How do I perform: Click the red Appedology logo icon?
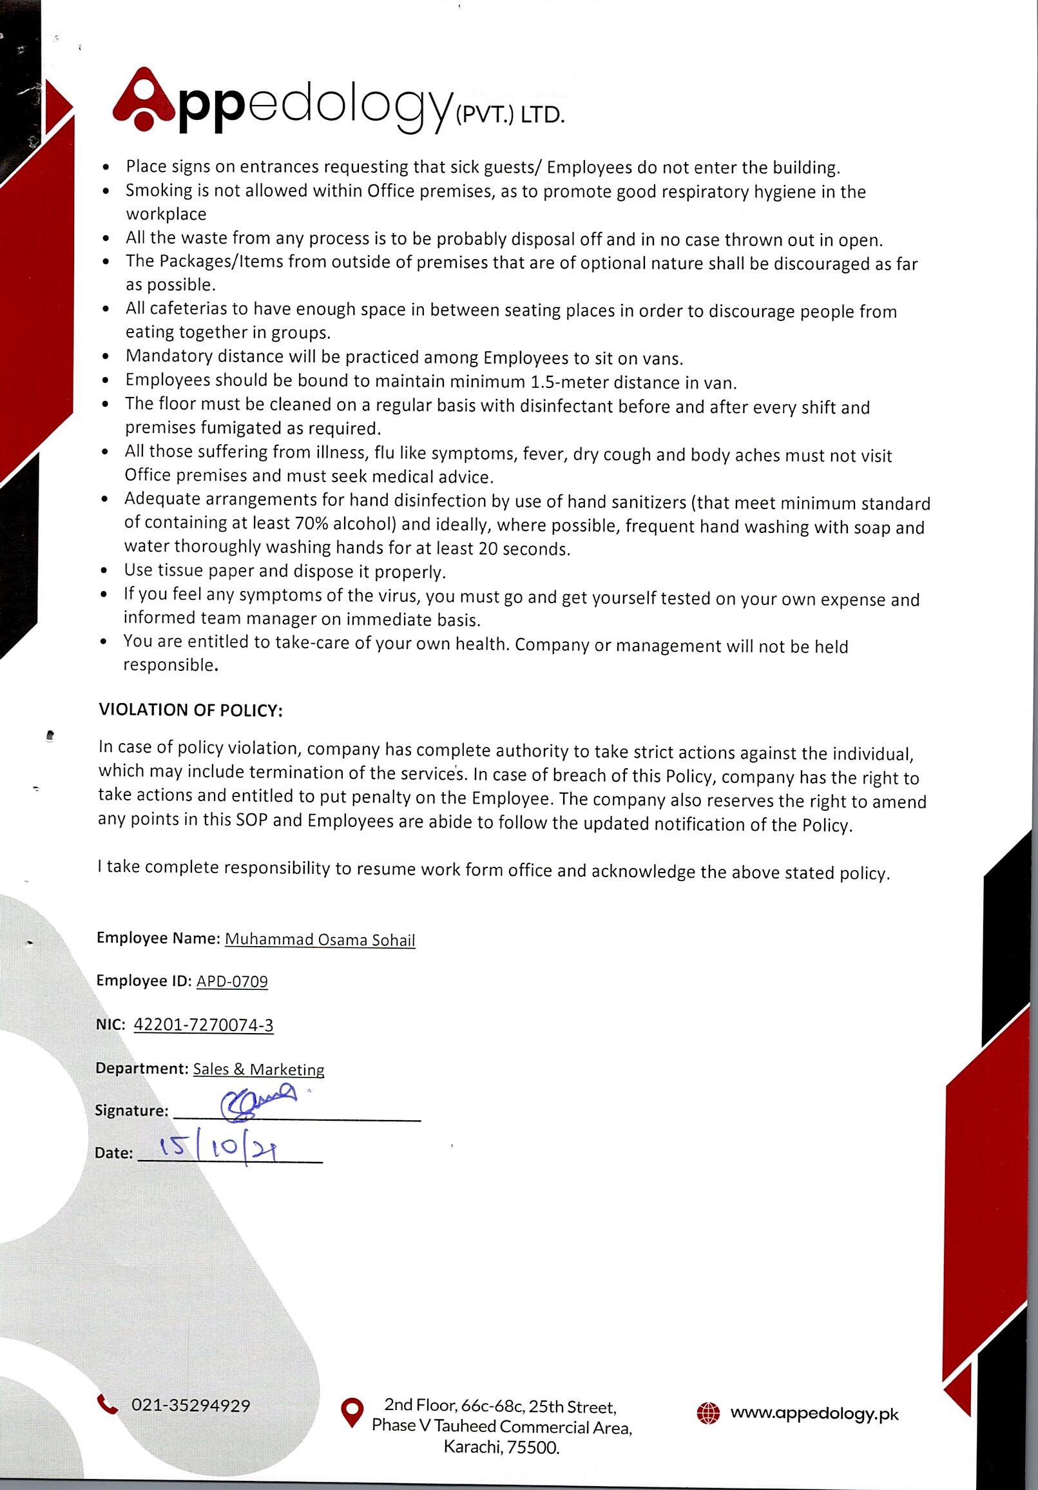[x=145, y=99]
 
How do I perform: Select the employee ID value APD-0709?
[x=231, y=981]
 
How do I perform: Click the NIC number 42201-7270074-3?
[x=203, y=1025]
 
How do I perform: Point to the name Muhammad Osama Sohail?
[x=320, y=939]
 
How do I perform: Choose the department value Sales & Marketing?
[x=259, y=1069]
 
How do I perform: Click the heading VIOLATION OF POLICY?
[x=190, y=710]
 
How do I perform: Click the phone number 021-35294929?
[x=191, y=1405]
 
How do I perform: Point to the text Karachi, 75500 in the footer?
[x=501, y=1448]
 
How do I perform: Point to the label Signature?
[x=131, y=1110]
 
